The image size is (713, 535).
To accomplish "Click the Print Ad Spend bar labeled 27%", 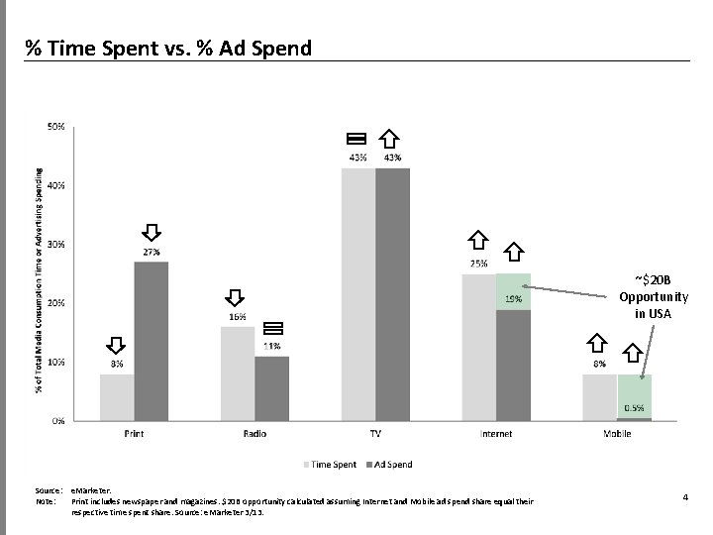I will [x=152, y=341].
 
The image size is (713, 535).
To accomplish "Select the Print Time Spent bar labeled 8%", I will [x=117, y=396].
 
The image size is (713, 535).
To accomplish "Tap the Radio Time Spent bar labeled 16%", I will [x=237, y=373].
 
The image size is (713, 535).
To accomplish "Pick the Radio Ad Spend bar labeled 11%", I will [x=271, y=387].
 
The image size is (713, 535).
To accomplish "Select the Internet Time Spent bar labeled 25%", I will [x=478, y=347].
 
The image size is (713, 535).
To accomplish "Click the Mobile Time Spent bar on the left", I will [x=599, y=396].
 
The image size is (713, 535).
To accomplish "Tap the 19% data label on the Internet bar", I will [x=514, y=298].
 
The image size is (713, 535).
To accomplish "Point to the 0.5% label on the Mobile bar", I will [x=635, y=408].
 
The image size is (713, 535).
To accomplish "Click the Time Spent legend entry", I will [x=331, y=464].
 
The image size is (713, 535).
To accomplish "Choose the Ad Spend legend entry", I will [x=388, y=464].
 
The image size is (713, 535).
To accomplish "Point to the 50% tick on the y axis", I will [x=55, y=127].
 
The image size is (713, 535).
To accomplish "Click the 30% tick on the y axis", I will [x=55, y=244].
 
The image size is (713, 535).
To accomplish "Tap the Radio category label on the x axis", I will [x=255, y=434].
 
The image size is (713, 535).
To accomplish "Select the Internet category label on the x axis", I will [x=496, y=434].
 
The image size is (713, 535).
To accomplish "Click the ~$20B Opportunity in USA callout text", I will [x=654, y=296].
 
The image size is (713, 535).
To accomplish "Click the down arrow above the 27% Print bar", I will [x=152, y=232].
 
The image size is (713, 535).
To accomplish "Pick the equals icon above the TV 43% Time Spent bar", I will [x=356, y=138].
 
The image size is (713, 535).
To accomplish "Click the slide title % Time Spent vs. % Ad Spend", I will [x=168, y=47].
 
